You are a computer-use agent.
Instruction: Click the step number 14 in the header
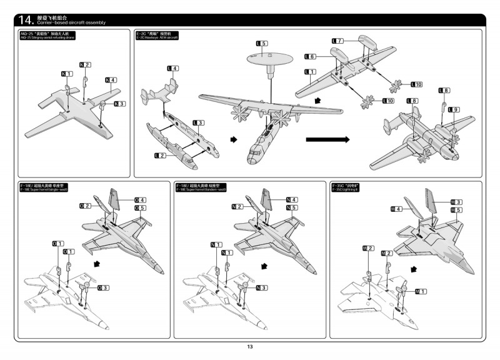[23, 19]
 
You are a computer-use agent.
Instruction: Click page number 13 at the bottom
[249, 347]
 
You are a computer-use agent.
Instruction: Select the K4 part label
[111, 79]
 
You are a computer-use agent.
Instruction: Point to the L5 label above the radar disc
[262, 43]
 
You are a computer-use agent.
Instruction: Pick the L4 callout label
[172, 67]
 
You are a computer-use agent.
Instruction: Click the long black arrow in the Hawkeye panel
[327, 140]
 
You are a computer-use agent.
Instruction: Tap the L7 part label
[337, 41]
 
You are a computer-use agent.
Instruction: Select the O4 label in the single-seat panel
[140, 200]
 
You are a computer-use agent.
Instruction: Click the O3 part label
[103, 287]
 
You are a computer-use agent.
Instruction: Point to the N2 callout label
[237, 206]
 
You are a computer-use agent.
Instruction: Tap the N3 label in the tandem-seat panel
[261, 287]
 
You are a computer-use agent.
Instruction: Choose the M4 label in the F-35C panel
[396, 209]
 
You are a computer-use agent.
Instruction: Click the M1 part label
[421, 291]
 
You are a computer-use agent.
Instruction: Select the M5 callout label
[456, 210]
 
